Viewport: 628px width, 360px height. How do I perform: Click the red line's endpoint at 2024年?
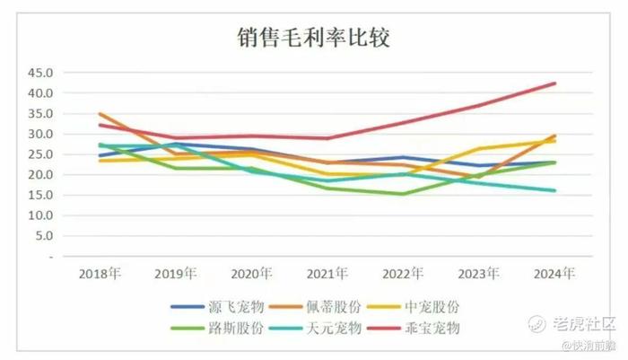555,83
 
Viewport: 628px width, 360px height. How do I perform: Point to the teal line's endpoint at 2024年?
555,190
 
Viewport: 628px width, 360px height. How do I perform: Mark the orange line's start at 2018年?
100,114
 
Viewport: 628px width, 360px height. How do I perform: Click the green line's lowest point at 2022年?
403,194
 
